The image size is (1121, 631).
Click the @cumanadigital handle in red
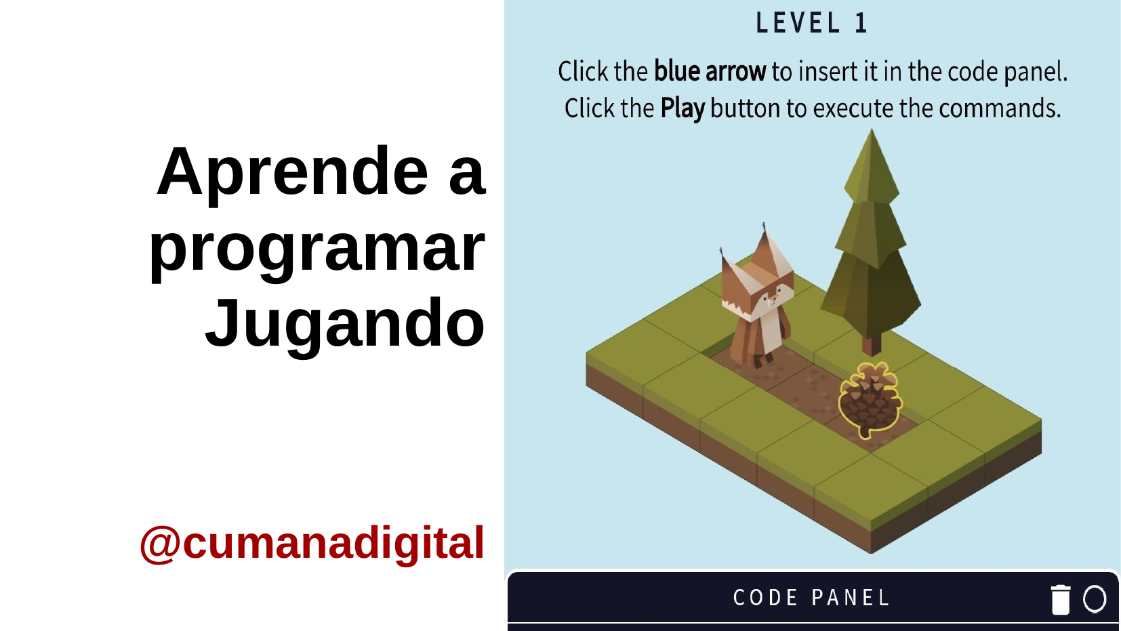click(x=312, y=544)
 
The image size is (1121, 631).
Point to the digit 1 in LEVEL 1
click(x=861, y=23)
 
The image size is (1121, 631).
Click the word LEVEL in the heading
click(x=798, y=23)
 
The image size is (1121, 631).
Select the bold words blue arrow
click(x=710, y=71)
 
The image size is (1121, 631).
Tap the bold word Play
click(x=682, y=108)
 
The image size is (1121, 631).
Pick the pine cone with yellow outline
click(x=871, y=401)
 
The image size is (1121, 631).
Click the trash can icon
click(x=1061, y=599)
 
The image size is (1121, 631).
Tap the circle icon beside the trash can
click(x=1095, y=598)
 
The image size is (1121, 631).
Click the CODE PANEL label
click(x=811, y=598)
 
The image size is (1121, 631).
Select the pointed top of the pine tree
click(x=872, y=131)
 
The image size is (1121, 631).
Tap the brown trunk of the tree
click(x=872, y=345)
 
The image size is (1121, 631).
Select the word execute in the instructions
click(x=853, y=108)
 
